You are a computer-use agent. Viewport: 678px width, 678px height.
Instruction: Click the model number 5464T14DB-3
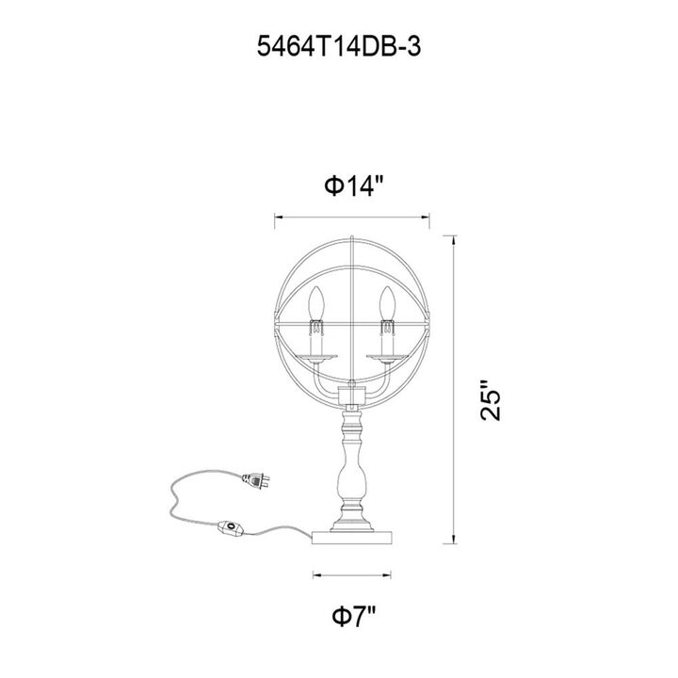click(x=339, y=47)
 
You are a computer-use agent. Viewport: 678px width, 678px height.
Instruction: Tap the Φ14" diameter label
click(x=355, y=186)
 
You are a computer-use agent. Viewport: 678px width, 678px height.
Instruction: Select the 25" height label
click(x=491, y=401)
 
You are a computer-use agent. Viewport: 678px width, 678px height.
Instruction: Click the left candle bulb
click(x=317, y=302)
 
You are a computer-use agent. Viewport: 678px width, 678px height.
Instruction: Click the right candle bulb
click(x=388, y=302)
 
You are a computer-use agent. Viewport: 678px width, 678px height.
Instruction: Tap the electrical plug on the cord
click(x=256, y=480)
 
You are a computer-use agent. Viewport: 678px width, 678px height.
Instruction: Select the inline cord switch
click(x=233, y=528)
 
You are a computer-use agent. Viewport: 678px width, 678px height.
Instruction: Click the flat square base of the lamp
click(x=352, y=538)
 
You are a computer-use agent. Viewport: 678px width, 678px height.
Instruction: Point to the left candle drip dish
click(x=316, y=357)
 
